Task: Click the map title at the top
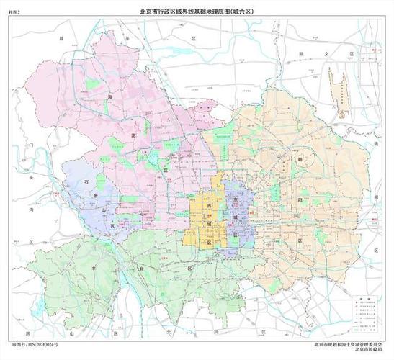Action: [197, 11]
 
